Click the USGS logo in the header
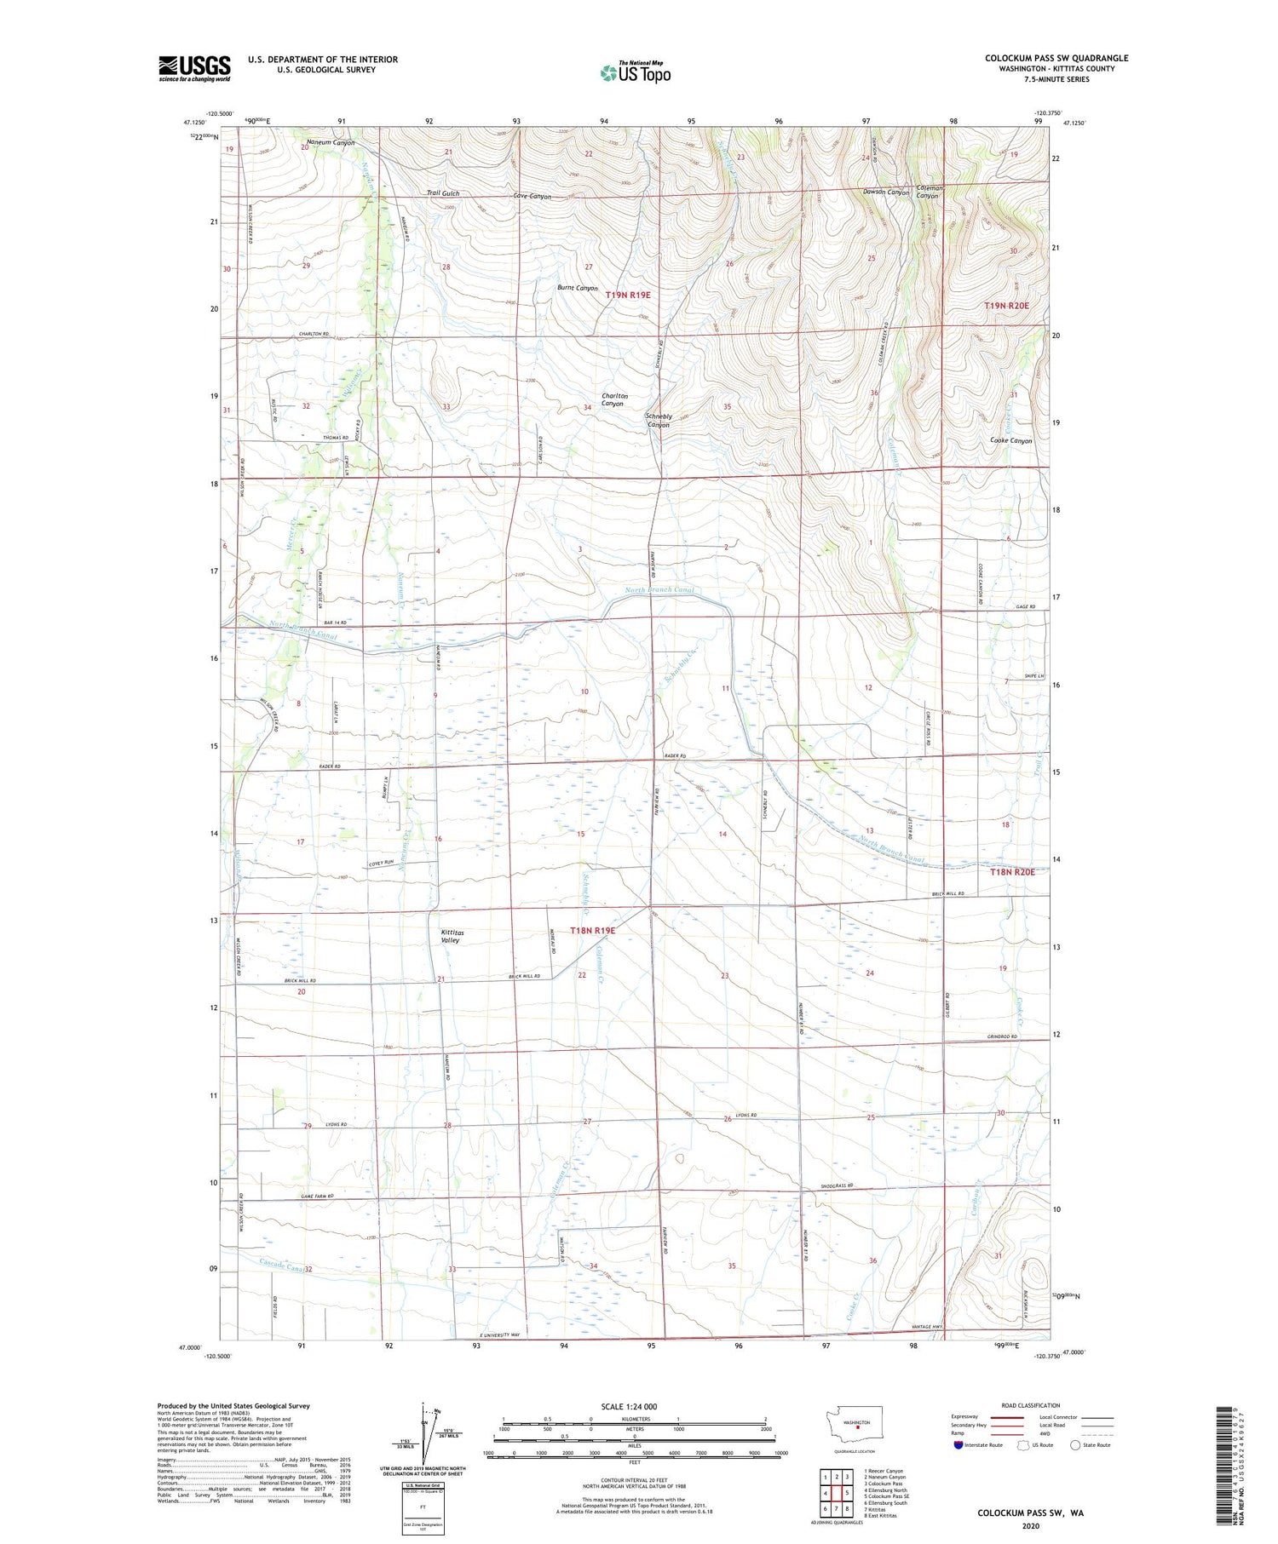[x=194, y=68]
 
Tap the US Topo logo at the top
[x=636, y=72]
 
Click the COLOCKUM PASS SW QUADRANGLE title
[x=1056, y=58]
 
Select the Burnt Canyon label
[x=577, y=288]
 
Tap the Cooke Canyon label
[x=1010, y=440]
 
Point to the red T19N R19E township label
[x=628, y=295]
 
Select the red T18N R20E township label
[x=1011, y=872]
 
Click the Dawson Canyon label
[x=886, y=192]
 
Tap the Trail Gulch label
[x=443, y=193]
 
